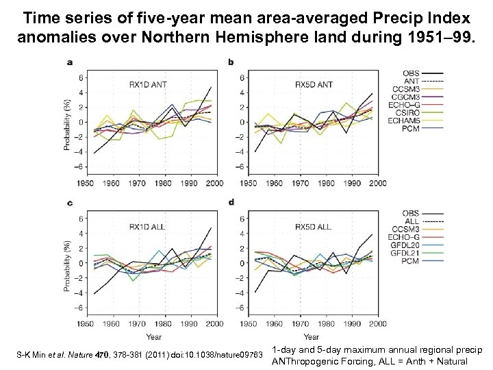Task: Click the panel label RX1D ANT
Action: [147, 85]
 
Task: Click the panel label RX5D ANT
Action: [313, 85]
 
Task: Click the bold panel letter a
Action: [70, 62]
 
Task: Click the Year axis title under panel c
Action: [153, 336]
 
